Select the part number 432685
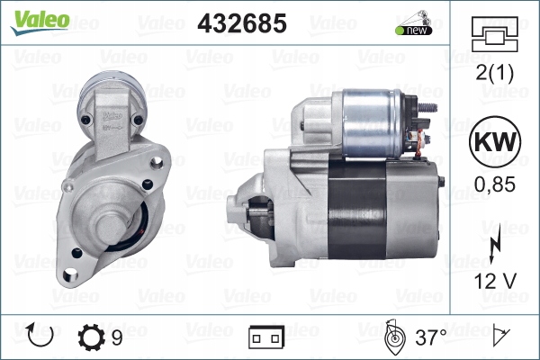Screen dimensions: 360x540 coord(242,23)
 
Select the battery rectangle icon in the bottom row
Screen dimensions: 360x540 coord(267,337)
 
